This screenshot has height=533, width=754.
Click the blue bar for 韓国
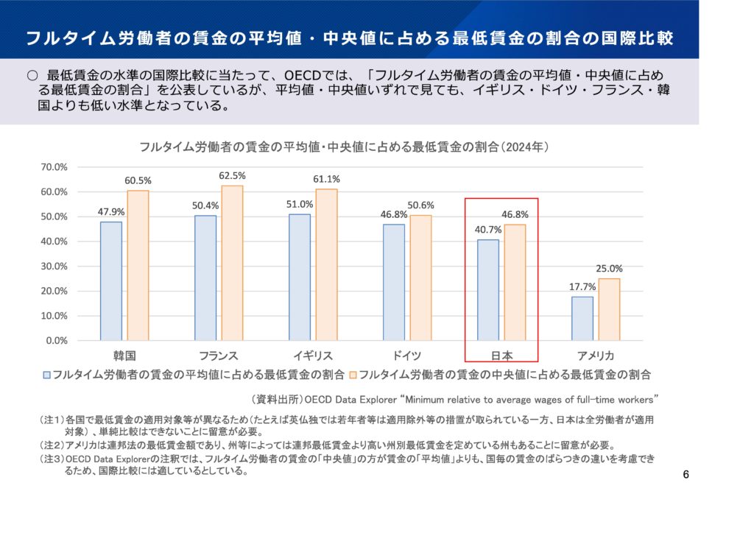111,280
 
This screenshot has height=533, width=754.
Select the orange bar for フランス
232,263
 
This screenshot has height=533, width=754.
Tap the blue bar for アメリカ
582,318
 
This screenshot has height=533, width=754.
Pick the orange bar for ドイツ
420,278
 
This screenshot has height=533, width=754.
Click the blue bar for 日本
487,290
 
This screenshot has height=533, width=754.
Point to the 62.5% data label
232,176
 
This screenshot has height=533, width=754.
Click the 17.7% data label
582,287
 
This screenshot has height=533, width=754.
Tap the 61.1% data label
326,179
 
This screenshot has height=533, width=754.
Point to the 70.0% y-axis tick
54,167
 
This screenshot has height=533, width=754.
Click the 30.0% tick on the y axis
54,266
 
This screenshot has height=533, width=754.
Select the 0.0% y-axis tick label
56,341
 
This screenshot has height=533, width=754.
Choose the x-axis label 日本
501,356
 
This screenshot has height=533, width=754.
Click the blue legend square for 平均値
46,374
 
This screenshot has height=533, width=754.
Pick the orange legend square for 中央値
353,374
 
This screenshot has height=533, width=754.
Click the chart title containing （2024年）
345,147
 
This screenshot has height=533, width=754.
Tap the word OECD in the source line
320,400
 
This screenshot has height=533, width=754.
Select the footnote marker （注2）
52,445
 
